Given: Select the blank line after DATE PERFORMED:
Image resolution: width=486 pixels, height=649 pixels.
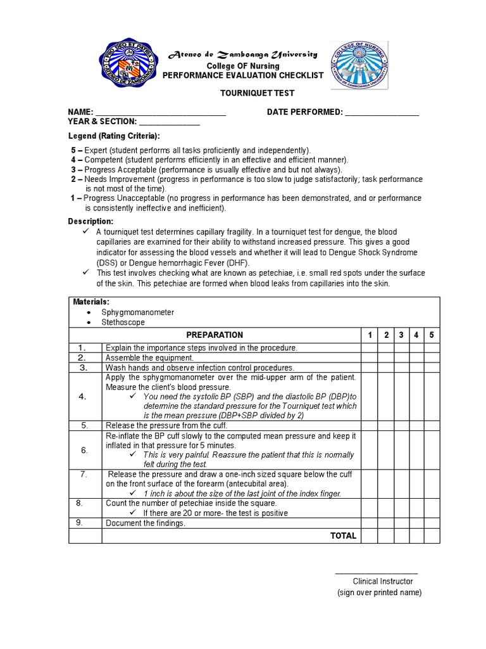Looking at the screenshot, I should (382, 113).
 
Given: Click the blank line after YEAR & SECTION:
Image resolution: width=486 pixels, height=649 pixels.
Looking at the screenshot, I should (169, 122).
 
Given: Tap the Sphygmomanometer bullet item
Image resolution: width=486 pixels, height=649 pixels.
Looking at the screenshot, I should (137, 312).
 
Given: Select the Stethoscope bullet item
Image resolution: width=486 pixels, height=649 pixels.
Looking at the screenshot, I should (123, 322).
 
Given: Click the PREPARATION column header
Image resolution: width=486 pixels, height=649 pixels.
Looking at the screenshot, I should (215, 335).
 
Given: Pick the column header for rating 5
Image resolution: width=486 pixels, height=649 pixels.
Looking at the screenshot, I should (432, 335).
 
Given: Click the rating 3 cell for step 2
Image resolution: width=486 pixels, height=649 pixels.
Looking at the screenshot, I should (401, 357).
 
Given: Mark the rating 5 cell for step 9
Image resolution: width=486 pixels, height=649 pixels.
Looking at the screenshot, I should (432, 523).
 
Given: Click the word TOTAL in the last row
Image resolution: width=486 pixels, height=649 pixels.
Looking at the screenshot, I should (343, 536).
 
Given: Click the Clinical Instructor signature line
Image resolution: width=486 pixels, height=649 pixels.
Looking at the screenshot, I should (376, 573).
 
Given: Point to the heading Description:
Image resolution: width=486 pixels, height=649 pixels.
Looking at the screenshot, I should (90, 221).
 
